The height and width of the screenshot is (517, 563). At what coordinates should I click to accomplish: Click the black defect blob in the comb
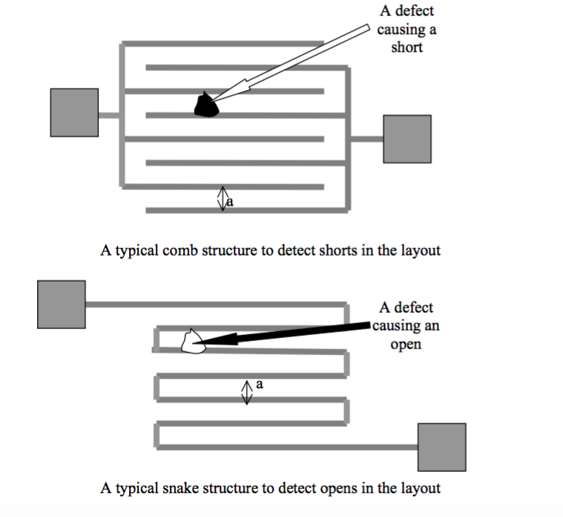coord(206,105)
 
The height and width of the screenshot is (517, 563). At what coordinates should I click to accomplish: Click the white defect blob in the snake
coord(194,342)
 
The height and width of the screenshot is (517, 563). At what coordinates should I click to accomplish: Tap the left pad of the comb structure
coord(74,112)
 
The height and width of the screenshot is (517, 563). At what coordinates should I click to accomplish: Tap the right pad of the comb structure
coord(407,139)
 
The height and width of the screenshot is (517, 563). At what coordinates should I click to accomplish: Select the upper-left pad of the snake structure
coord(62,305)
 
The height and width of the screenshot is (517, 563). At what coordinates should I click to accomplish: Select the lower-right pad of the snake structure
coord(442,447)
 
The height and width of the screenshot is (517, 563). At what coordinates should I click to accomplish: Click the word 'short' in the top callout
coord(406,47)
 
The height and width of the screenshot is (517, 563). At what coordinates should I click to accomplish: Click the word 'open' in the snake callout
coord(406,345)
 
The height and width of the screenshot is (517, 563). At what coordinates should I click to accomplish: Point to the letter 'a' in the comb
coord(230,202)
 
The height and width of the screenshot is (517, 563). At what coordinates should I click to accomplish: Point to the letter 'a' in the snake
coord(260,384)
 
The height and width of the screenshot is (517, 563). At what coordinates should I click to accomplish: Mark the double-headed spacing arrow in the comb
coord(223,198)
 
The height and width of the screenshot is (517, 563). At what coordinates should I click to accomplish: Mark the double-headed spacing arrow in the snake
coord(247,393)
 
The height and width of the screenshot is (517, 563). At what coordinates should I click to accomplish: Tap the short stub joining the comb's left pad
coord(109,115)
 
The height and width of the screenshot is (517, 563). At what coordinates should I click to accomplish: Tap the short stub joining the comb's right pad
coord(367,139)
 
